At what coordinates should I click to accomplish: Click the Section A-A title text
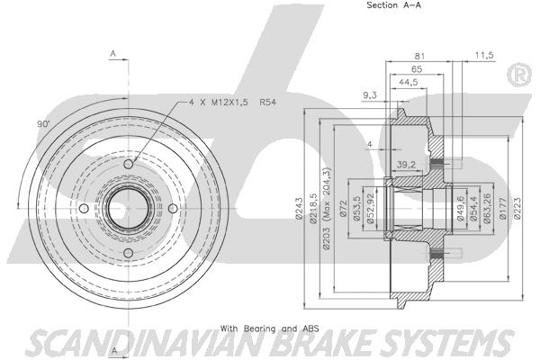coord(393,5)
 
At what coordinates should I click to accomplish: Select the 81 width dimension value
coord(419,56)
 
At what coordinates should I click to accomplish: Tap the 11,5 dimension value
coord(484,55)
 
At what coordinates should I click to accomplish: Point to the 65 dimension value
coord(417,69)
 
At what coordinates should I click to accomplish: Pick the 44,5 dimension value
coord(409,82)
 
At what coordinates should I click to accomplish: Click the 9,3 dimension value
coord(370,95)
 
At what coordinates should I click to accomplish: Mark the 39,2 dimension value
coord(407,165)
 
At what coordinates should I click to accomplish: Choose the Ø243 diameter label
coord(299,208)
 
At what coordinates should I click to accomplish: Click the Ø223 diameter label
coord(517,208)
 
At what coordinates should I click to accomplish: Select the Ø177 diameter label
coord(502,209)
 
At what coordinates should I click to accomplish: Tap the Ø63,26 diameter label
coord(487,209)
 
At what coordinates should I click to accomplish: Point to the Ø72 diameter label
coord(343,209)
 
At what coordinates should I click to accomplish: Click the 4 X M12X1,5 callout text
coord(218,102)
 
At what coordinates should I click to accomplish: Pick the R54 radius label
coord(268,102)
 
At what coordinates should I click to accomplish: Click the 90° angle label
coord(43,124)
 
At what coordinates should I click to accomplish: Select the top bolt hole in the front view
coord(129,164)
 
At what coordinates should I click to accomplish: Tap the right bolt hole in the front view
coord(173,209)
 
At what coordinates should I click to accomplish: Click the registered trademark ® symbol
coord(519,75)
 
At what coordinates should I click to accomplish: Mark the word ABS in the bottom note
coord(311,328)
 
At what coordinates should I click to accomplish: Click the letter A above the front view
coord(113,54)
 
